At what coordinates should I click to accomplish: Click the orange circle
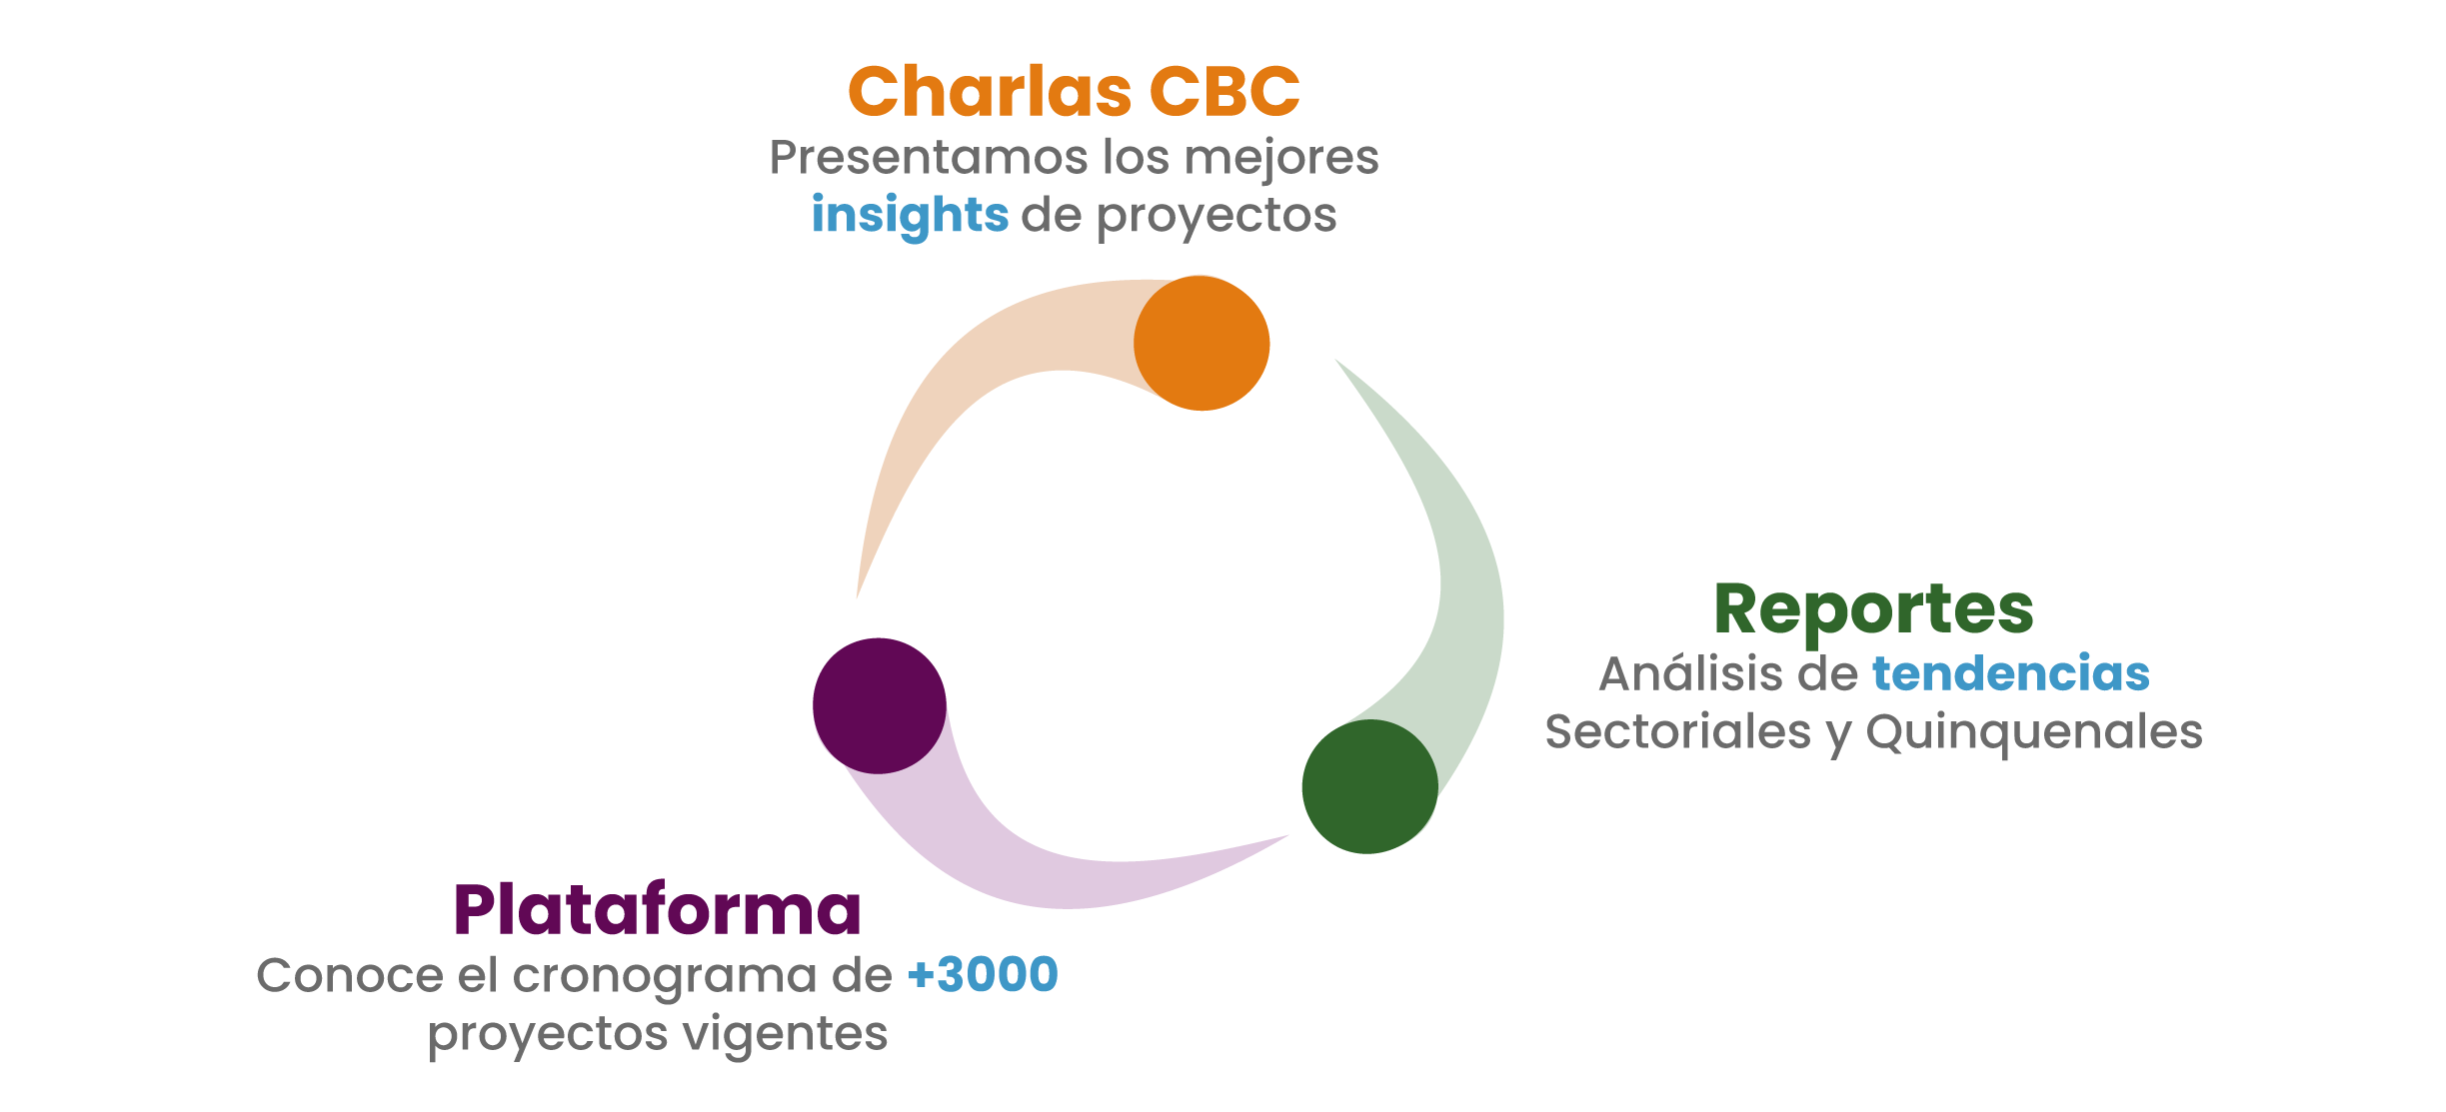(1202, 343)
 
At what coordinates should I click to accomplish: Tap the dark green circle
(1369, 786)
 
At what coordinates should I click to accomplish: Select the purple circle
(880, 705)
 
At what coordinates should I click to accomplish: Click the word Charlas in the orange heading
(990, 91)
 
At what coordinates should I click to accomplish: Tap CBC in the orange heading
(1224, 91)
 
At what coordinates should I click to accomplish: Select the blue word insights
(910, 215)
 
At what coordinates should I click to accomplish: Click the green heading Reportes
(1873, 609)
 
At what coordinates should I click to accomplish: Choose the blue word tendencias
(2011, 672)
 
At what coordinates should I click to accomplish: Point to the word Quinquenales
(2034, 732)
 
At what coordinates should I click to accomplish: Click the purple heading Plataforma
(657, 909)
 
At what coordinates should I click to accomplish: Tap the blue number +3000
(983, 974)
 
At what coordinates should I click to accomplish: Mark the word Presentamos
(929, 157)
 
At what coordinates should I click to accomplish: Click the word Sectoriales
(1678, 731)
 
